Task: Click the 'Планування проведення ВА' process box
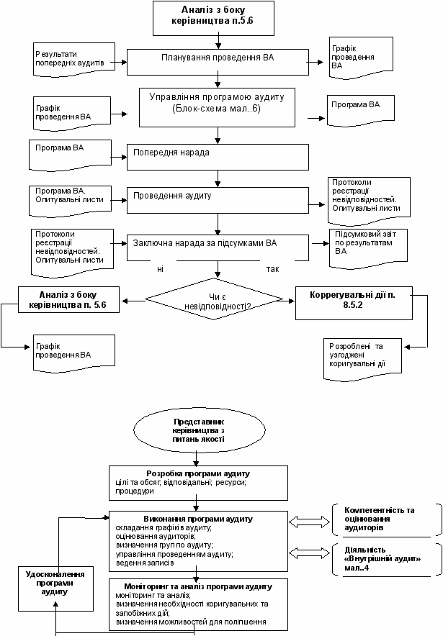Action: point(218,62)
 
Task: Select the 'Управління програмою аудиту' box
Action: point(218,107)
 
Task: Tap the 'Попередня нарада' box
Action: point(218,157)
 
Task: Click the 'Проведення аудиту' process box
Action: point(218,200)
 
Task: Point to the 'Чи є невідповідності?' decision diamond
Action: point(214,299)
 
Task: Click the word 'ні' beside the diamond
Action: point(161,269)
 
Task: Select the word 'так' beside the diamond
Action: point(272,269)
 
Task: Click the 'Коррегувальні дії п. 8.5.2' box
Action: point(354,304)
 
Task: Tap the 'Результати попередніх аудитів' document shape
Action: point(74,60)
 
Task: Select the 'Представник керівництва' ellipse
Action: point(200,430)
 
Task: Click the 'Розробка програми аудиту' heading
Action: point(198,473)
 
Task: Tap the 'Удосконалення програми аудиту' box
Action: point(55,589)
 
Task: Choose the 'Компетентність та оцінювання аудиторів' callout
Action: point(387,520)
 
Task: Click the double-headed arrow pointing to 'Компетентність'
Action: point(310,522)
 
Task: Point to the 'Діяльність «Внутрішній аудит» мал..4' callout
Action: point(387,560)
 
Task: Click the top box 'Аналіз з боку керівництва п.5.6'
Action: point(213,18)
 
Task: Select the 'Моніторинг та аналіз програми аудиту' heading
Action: point(198,586)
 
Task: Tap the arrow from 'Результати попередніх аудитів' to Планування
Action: point(119,62)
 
